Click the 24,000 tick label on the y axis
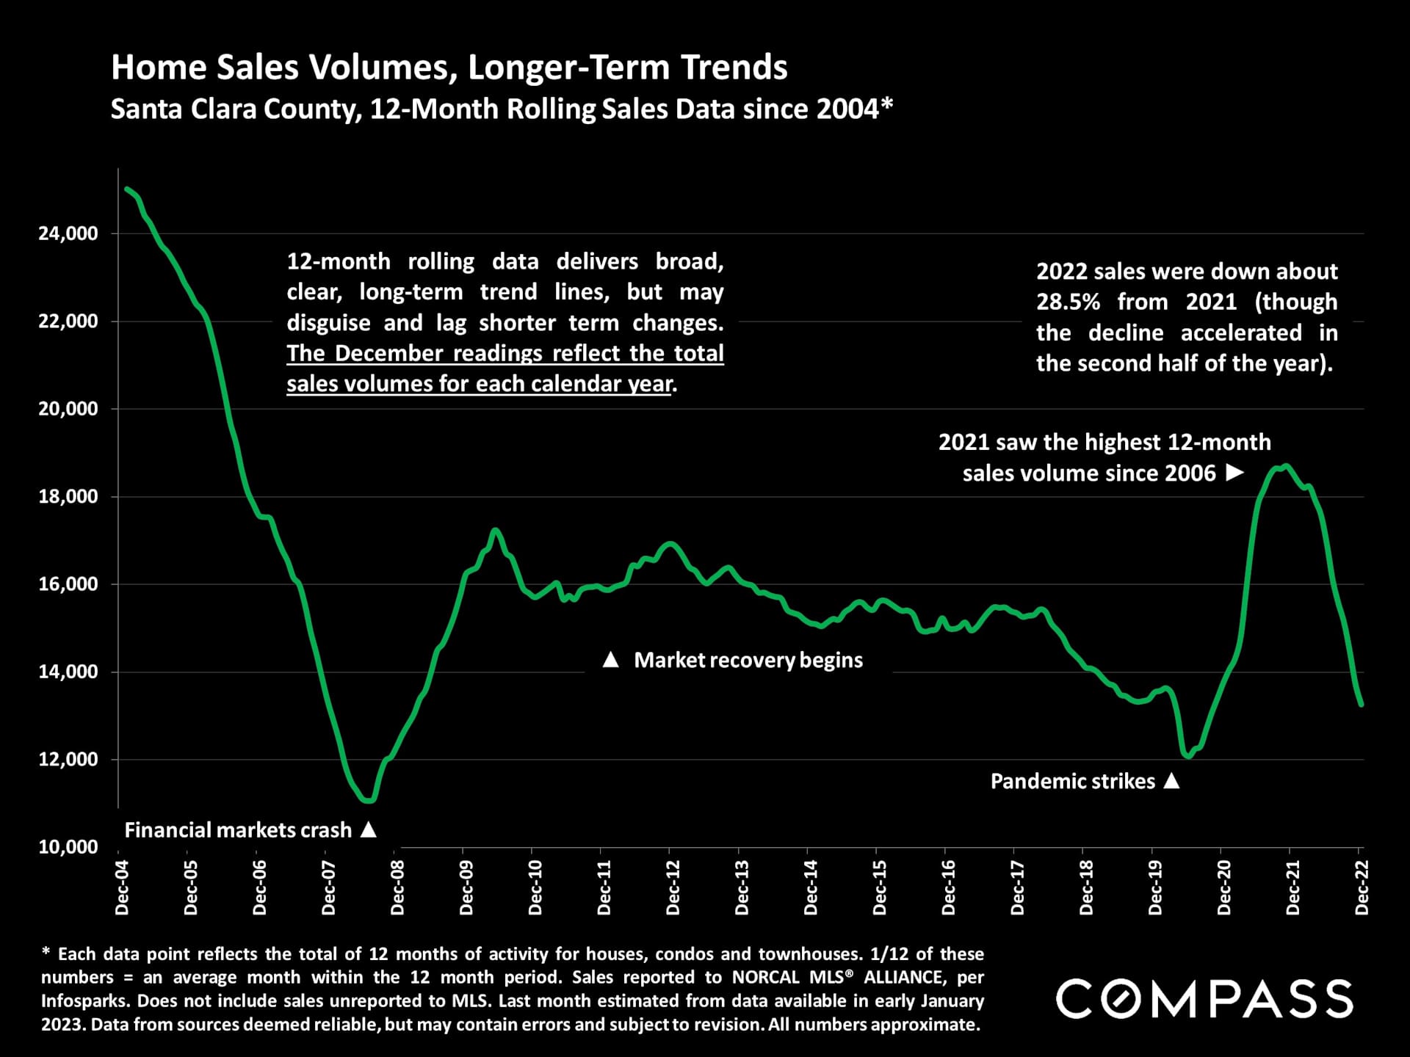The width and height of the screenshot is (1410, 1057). pos(68,233)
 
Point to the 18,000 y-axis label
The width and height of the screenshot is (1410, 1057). pos(68,496)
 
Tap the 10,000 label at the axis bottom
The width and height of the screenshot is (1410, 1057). pos(68,847)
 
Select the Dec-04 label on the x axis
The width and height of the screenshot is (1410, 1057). pos(122,887)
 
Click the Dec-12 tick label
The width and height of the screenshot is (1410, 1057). pos(673,887)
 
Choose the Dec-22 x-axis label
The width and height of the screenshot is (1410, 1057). pos(1362,887)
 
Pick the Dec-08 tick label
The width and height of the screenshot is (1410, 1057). pos(397,887)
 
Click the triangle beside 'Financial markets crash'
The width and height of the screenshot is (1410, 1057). pos(369,829)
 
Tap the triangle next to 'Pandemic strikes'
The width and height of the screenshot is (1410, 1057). pos(1172,781)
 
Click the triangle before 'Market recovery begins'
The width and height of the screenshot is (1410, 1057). pos(610,660)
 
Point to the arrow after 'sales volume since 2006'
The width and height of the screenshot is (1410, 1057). pos(1235,473)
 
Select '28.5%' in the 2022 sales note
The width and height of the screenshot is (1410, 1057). pos(1068,302)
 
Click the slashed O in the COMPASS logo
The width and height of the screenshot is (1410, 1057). pos(1124,999)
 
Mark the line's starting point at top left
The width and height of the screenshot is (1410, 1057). pos(127,189)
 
